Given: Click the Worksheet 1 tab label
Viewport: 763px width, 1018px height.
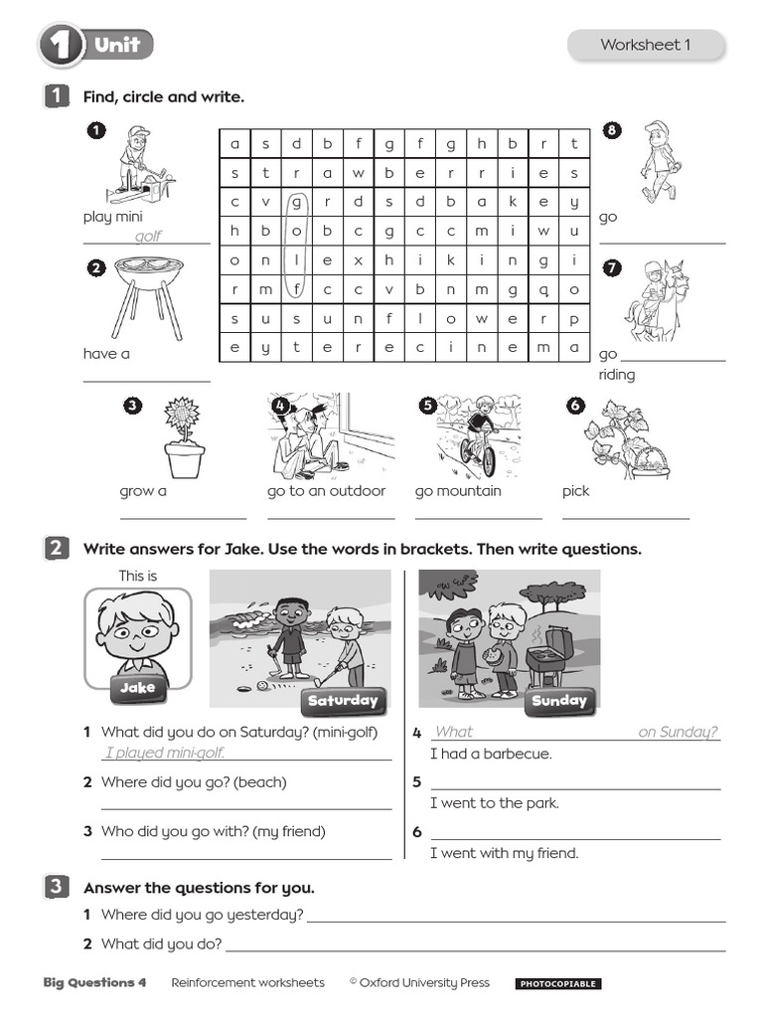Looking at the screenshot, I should point(645,45).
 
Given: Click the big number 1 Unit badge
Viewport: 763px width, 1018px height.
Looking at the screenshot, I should point(96,46).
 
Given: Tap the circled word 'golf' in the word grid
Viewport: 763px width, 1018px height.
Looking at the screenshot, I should point(296,246).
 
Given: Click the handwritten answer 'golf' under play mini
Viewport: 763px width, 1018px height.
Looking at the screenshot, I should point(147,237).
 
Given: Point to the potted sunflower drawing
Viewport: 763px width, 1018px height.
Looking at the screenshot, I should point(183,437).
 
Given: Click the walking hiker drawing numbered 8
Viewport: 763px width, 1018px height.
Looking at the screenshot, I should point(656,162).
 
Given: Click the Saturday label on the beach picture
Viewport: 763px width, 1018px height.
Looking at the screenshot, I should point(343,701).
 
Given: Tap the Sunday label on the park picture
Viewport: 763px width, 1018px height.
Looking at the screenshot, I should point(559,701).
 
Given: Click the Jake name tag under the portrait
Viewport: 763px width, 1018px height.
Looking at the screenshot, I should point(138,688).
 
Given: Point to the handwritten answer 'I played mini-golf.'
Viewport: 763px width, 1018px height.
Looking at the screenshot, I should point(165,753).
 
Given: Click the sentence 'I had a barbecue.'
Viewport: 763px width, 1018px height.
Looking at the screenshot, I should point(491,754).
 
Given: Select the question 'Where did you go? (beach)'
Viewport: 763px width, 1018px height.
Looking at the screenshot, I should point(194,782).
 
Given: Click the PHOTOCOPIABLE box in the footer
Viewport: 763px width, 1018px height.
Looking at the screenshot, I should point(557,984).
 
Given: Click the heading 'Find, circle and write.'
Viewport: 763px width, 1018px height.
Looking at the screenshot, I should point(164,96).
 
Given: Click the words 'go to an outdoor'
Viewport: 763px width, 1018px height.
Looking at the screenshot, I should point(326,491).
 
